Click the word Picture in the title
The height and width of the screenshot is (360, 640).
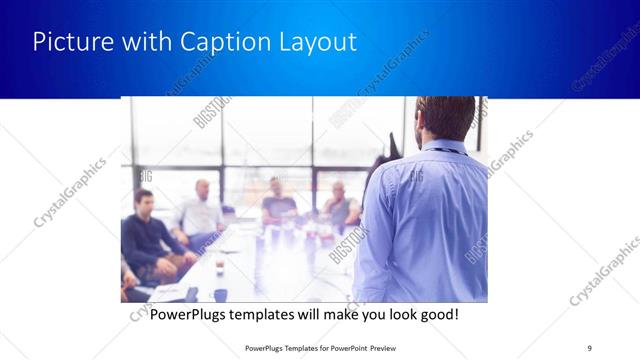(68, 42)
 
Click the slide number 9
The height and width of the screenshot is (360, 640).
(590, 348)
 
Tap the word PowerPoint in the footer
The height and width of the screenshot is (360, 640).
(336, 348)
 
